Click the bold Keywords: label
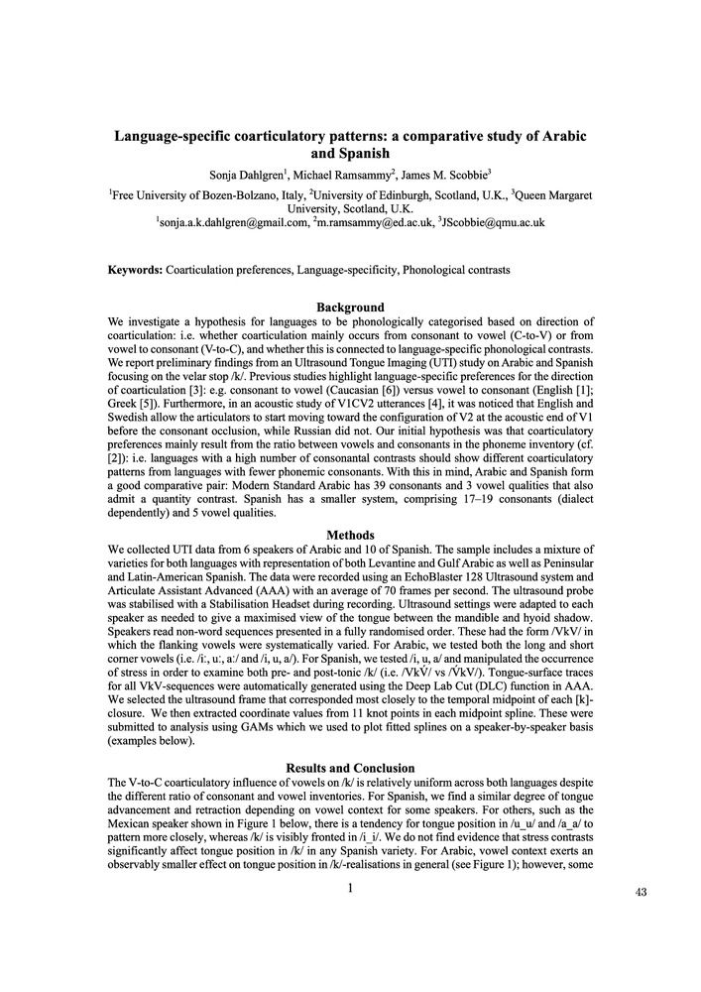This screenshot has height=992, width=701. tap(136, 270)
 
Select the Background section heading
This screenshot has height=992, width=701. tap(350, 308)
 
